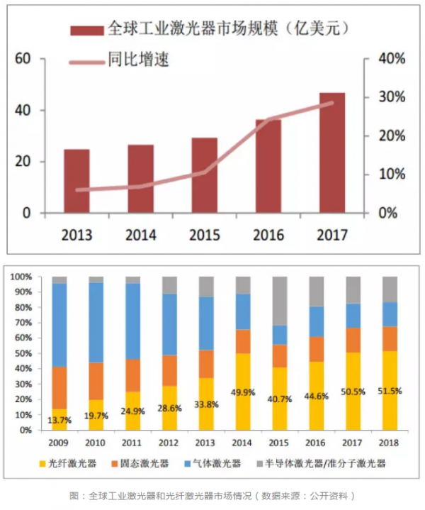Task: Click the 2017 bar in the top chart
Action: pos(332,153)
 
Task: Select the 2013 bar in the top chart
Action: pos(76,181)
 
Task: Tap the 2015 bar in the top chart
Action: pos(204,175)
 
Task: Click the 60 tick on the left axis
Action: pos(23,59)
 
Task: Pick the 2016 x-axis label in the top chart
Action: pos(268,235)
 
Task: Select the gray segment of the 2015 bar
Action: pos(280,301)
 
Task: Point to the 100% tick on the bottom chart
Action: pos(22,277)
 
